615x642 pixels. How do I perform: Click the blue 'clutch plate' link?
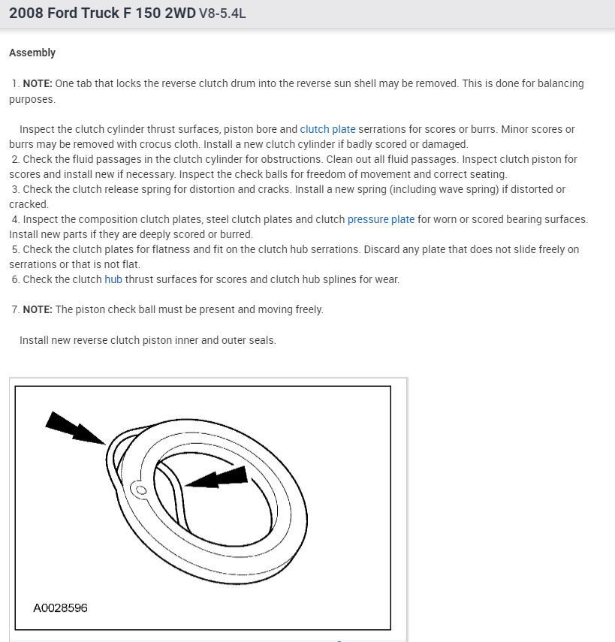tap(327, 129)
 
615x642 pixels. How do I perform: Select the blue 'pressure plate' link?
tap(381, 219)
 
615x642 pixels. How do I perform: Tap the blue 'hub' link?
tap(113, 279)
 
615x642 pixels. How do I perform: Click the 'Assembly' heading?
tap(32, 53)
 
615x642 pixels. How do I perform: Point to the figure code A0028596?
tap(60, 607)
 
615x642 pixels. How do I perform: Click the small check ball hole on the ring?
tap(139, 489)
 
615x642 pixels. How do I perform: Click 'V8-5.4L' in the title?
tap(222, 14)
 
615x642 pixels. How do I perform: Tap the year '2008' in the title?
tap(26, 14)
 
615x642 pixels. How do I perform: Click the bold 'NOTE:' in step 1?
tap(38, 83)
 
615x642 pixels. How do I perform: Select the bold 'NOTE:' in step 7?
tap(38, 309)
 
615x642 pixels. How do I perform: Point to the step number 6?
tap(15, 279)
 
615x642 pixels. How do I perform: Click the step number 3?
tap(15, 189)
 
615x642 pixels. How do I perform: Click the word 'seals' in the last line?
tap(262, 340)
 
